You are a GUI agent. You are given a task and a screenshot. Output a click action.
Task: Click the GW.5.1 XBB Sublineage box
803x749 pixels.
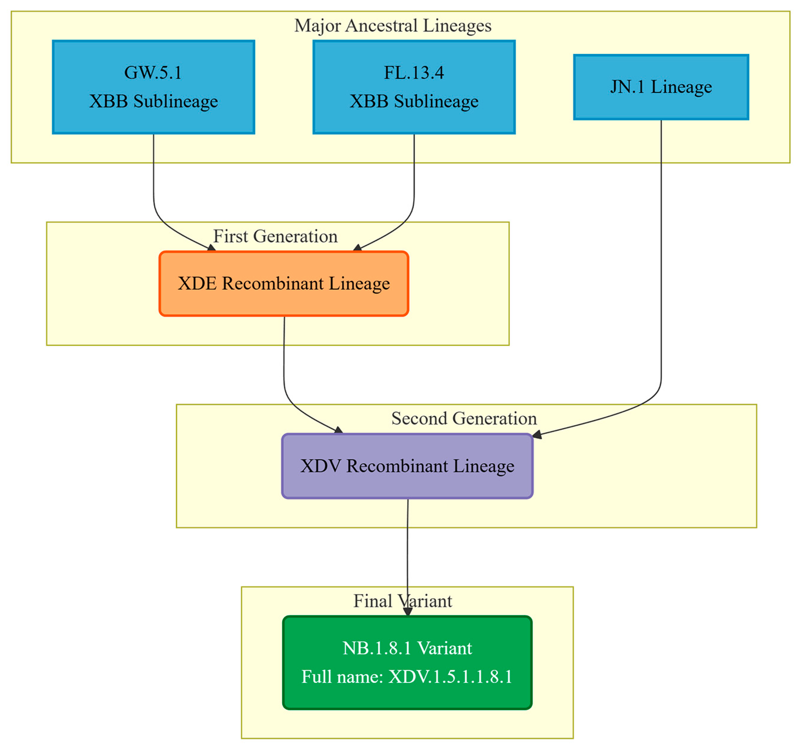[153, 87]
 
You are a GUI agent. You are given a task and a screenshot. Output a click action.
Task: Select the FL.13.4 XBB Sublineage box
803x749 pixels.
[414, 87]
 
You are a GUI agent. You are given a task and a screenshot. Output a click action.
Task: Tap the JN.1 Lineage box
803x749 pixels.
[661, 87]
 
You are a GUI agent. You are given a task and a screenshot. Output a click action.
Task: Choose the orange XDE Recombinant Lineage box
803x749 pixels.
[284, 284]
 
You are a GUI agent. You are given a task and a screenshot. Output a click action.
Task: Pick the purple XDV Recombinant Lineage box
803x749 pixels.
[407, 466]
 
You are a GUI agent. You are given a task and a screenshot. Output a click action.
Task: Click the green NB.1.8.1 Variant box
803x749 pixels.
[407, 662]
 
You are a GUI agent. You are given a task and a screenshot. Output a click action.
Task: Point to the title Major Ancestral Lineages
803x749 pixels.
[393, 26]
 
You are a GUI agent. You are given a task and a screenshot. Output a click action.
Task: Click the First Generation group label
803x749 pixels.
[275, 236]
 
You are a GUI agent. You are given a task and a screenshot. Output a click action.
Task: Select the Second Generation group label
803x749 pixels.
[464, 418]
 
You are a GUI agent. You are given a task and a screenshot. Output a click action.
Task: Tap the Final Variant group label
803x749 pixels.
[403, 601]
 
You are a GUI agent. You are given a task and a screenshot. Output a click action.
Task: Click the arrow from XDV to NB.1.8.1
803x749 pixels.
[407, 558]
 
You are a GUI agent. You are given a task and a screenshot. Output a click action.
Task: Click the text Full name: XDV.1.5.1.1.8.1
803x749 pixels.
[407, 677]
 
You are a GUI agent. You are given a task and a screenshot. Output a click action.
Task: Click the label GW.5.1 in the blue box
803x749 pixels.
[153, 73]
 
